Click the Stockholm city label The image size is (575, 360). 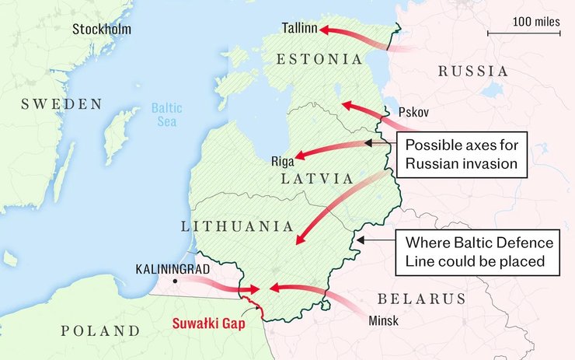[x=102, y=30]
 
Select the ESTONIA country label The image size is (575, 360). [x=319, y=59]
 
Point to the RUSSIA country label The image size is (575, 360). [x=472, y=72]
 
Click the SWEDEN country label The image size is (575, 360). [x=61, y=104]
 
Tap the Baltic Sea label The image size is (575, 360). [x=166, y=115]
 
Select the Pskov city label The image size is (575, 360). [x=413, y=111]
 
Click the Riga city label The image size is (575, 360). [x=282, y=162]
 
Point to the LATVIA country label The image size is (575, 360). [x=319, y=178]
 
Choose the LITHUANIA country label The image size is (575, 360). [x=237, y=226]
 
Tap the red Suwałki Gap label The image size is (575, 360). [x=207, y=323]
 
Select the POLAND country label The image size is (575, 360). [x=101, y=330]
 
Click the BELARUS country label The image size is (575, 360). [x=421, y=299]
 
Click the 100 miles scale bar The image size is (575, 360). [x=524, y=33]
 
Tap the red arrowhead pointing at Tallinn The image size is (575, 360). [x=326, y=30]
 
